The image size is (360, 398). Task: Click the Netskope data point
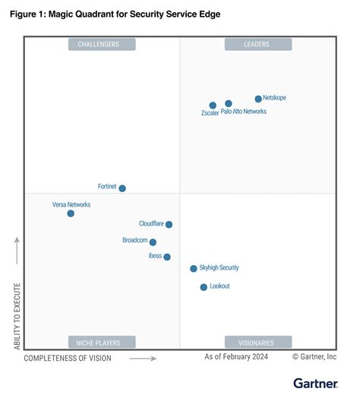pyautogui.click(x=258, y=99)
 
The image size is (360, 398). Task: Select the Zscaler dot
pyautogui.click(x=213, y=106)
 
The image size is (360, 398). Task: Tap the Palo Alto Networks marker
pyautogui.click(x=229, y=103)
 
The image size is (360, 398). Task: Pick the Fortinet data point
pyautogui.click(x=122, y=188)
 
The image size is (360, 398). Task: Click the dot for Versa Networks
pyautogui.click(x=71, y=213)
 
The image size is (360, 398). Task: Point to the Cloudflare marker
pyautogui.click(x=169, y=225)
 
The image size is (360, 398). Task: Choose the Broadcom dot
pyautogui.click(x=153, y=242)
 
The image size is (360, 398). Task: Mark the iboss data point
pyautogui.click(x=167, y=257)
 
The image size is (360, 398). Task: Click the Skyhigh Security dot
pyautogui.click(x=194, y=269)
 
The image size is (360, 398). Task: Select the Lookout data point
pyautogui.click(x=204, y=287)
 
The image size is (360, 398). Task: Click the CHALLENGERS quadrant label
pyautogui.click(x=101, y=45)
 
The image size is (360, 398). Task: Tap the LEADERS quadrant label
pyautogui.click(x=257, y=45)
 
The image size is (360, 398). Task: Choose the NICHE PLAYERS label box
pyautogui.click(x=101, y=342)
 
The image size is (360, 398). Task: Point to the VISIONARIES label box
pyautogui.click(x=257, y=342)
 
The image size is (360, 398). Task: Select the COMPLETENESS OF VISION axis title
pyautogui.click(x=67, y=358)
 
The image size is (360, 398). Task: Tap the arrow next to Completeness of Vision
pyautogui.click(x=143, y=358)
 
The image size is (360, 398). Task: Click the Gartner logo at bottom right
pyautogui.click(x=314, y=382)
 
